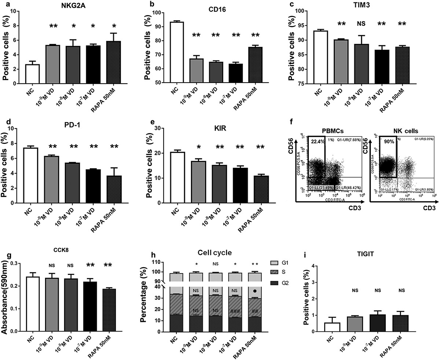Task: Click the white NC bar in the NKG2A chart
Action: pos(32,74)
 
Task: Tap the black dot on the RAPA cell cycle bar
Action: pos(254,291)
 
